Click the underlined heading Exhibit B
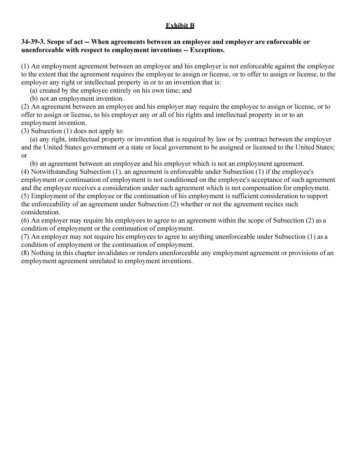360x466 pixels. pyautogui.click(x=180, y=26)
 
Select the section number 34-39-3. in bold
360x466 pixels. pyautogui.click(x=33, y=42)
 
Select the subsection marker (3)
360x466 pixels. pyautogui.click(x=25, y=131)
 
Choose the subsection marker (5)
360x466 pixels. pyautogui.click(x=25, y=196)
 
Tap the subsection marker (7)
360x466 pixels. pyautogui.click(x=25, y=237)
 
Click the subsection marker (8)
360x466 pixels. pyautogui.click(x=25, y=253)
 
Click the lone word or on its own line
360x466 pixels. pyautogui.click(x=24, y=156)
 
